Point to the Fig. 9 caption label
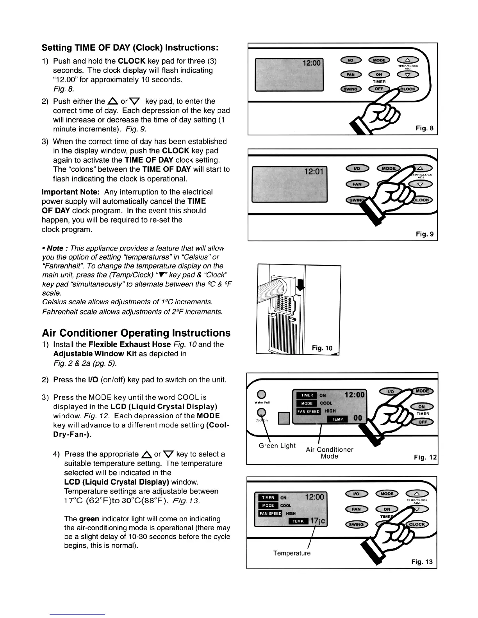(x=424, y=234)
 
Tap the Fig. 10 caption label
(x=322, y=348)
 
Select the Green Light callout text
(x=277, y=446)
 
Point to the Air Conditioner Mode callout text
(x=329, y=453)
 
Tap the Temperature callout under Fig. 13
(x=292, y=553)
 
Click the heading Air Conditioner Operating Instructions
(x=136, y=333)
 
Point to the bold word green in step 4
(x=89, y=519)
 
